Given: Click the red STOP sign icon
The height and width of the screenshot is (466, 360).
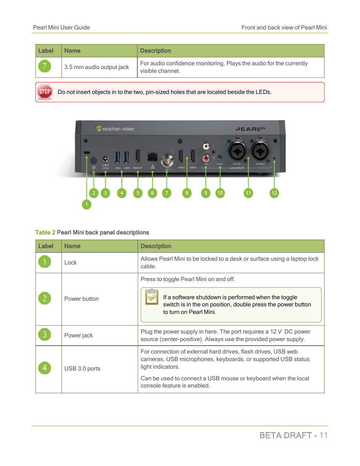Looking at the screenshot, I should click(45, 92).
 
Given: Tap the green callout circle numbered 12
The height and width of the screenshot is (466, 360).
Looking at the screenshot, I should click(274, 193).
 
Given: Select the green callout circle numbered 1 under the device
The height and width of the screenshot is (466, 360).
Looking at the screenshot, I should click(86, 204).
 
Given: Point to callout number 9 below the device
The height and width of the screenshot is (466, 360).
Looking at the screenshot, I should click(206, 193).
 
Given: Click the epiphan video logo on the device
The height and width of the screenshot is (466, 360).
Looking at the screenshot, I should click(115, 129).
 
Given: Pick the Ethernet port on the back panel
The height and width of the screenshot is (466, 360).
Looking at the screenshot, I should click(152, 157).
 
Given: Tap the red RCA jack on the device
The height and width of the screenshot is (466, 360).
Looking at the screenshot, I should click(206, 158).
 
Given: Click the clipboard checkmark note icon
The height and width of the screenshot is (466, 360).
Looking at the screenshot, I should click(152, 297).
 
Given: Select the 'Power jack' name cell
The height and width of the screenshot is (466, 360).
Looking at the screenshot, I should click(78, 335).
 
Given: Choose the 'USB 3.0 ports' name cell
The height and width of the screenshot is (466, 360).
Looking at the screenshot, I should click(82, 369).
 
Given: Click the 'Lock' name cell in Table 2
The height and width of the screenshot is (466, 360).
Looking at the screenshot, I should click(71, 263).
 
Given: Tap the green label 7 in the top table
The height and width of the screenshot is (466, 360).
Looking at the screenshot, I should click(45, 67).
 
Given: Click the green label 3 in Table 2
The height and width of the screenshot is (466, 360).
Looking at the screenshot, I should click(45, 335).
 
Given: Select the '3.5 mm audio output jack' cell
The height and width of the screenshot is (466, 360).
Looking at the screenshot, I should click(97, 67).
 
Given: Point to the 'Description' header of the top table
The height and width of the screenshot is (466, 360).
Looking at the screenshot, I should click(155, 51).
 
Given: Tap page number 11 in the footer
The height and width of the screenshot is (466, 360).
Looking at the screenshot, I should click(323, 435).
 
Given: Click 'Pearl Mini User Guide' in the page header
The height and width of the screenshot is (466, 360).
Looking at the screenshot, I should click(62, 28).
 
